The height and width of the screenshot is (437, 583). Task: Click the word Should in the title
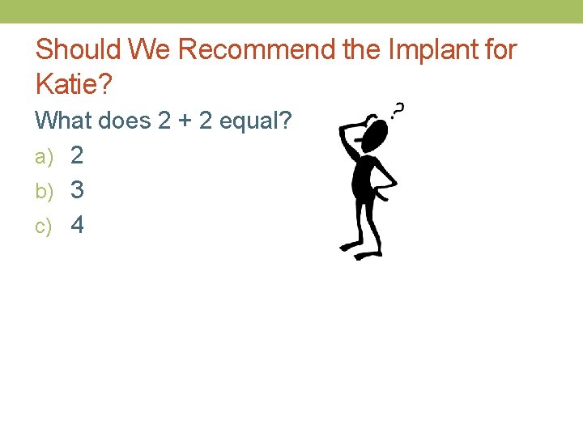(x=76, y=50)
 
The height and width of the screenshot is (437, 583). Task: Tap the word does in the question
(x=124, y=121)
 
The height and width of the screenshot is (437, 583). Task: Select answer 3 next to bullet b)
(x=77, y=190)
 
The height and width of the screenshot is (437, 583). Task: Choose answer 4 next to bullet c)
(x=77, y=225)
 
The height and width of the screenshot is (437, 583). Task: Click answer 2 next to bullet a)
(x=77, y=155)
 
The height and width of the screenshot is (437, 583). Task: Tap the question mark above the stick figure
(x=398, y=109)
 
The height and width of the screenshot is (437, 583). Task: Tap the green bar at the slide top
(x=291, y=11)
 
